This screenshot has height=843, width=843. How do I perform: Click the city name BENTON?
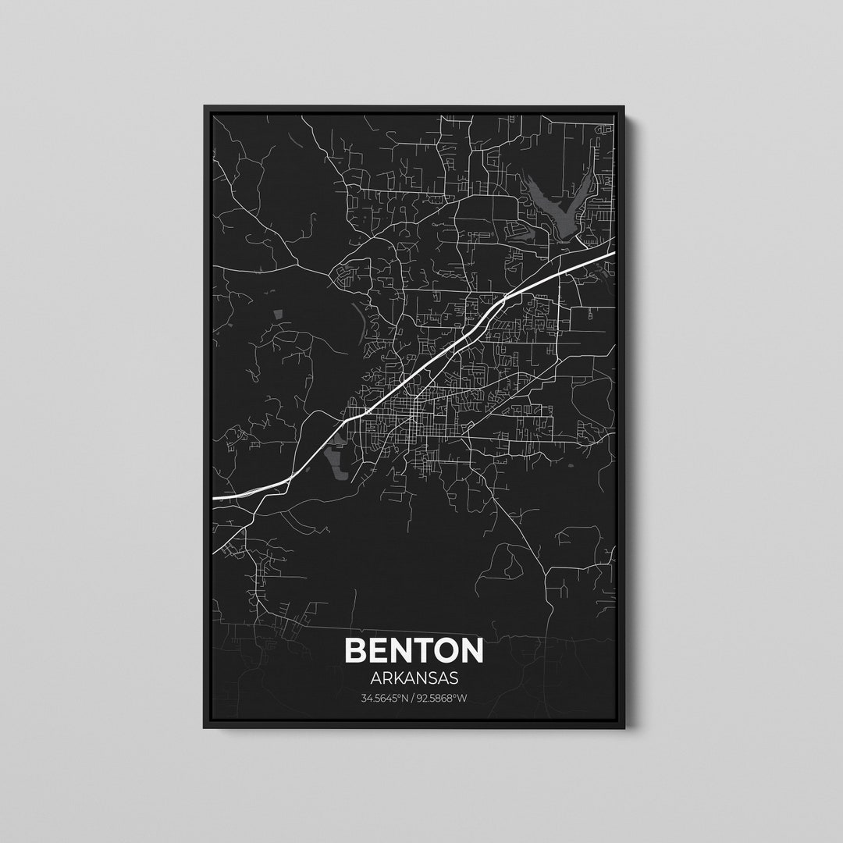[x=414, y=651]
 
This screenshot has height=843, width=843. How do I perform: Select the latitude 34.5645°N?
[x=386, y=698]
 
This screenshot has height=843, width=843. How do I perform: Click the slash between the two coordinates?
[x=414, y=698]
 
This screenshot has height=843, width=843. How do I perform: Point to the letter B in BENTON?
[x=355, y=651]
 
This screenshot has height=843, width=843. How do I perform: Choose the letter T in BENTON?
[x=413, y=651]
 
